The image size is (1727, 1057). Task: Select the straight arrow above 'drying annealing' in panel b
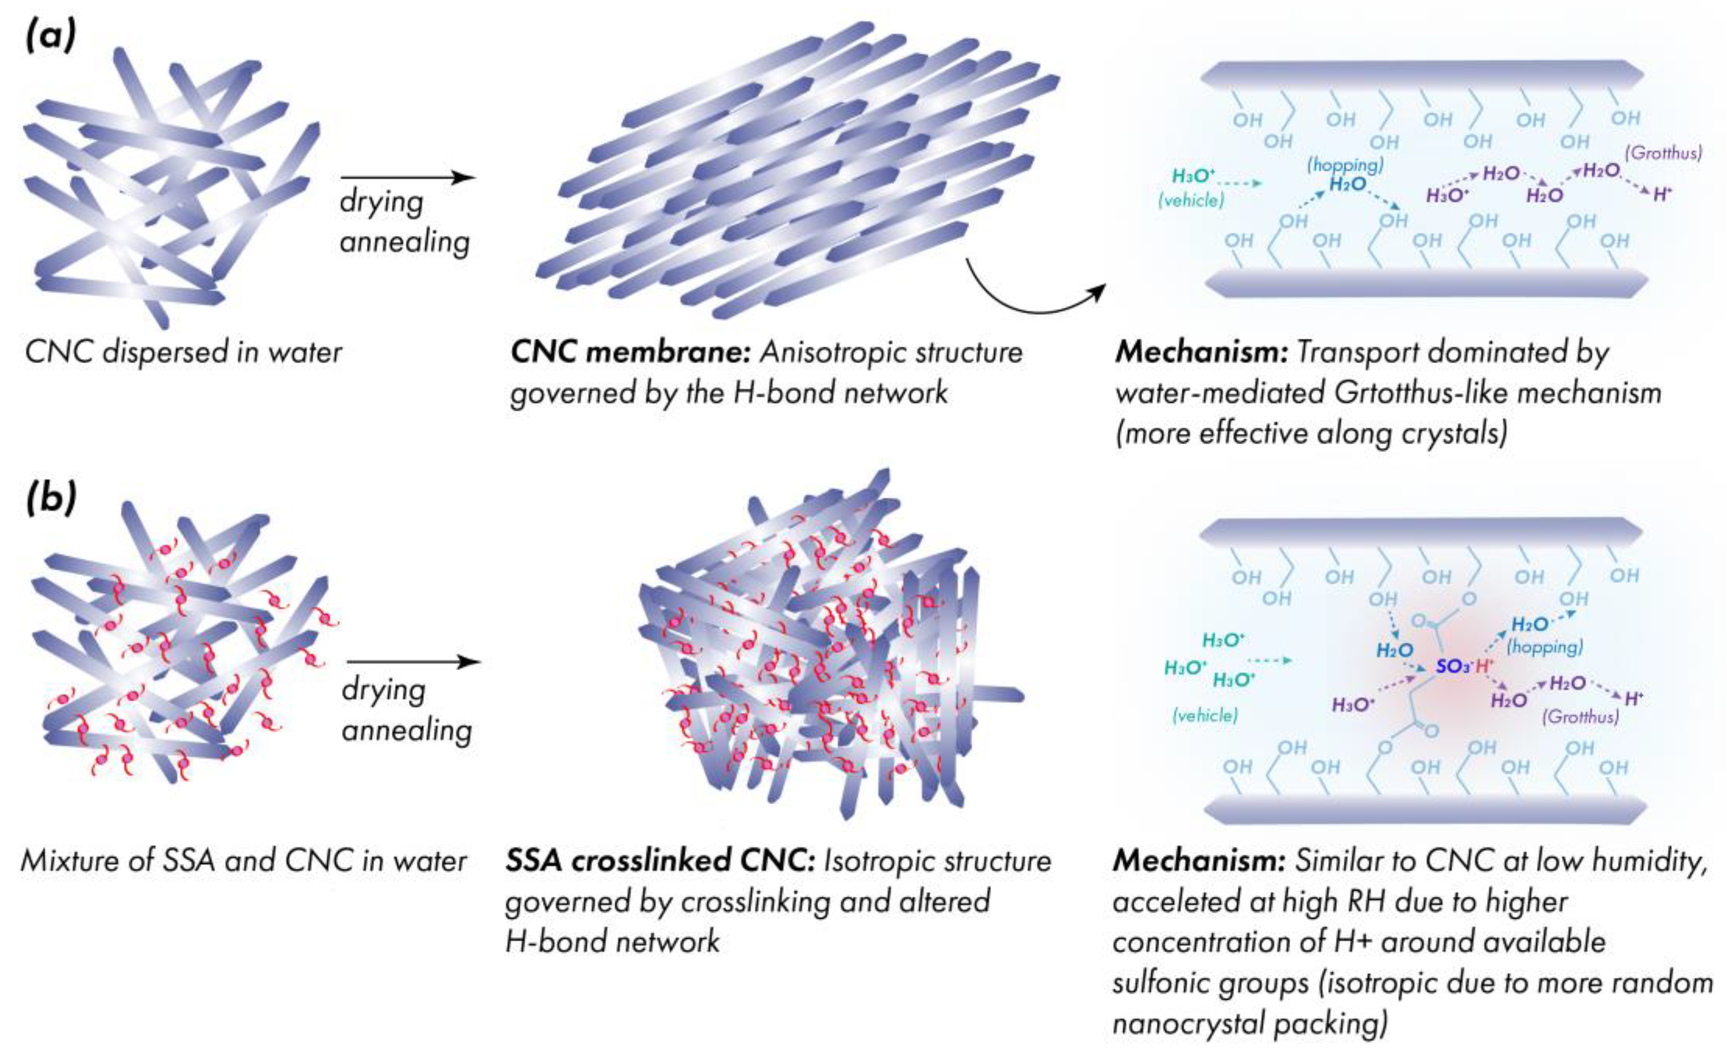(414, 662)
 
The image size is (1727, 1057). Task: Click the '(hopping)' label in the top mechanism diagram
(1345, 164)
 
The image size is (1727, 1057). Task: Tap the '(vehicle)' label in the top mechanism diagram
(1191, 200)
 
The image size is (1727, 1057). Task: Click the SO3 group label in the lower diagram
(1453, 666)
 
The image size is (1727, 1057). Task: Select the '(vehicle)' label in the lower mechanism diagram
(1205, 716)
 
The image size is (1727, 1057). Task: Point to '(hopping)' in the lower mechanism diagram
(1545, 646)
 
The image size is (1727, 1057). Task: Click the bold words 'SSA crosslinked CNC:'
(659, 861)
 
